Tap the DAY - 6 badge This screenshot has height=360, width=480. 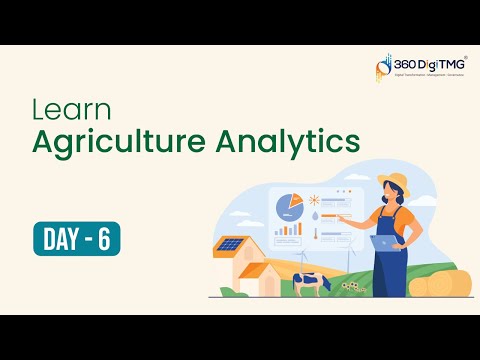click(77, 239)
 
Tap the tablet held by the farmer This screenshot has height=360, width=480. click(384, 241)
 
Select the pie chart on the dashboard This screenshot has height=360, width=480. click(290, 205)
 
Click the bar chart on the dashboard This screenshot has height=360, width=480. click(289, 229)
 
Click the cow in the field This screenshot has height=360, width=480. click(307, 284)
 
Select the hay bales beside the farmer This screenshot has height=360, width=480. click(441, 285)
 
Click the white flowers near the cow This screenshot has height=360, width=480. click(351, 287)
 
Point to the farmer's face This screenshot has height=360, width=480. click(393, 196)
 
